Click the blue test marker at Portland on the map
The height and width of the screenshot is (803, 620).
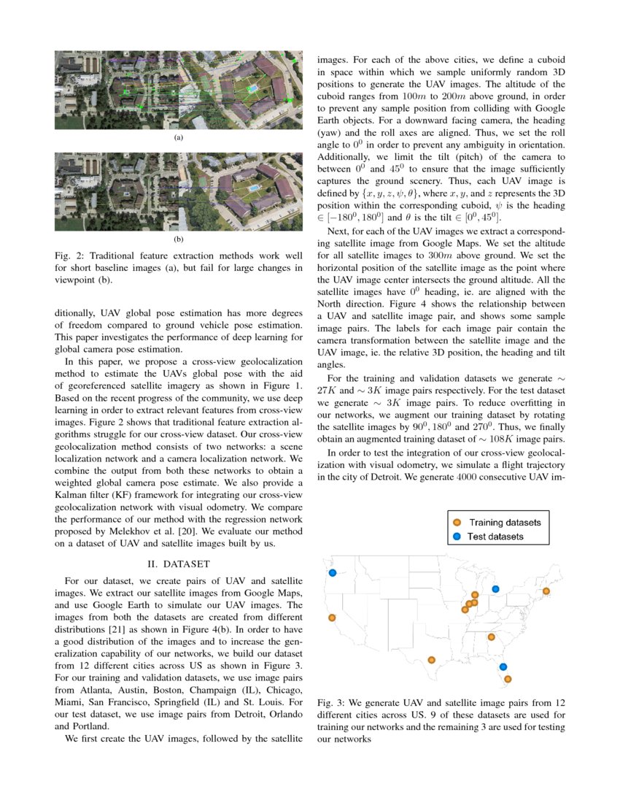pos(333,573)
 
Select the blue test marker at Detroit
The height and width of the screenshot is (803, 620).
pos(496,588)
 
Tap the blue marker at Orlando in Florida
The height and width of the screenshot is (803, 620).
pos(503,666)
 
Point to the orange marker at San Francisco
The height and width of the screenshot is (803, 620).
pos(332,618)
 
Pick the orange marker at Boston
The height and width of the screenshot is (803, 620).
pos(546,591)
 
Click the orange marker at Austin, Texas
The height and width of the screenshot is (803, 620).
pos(432,659)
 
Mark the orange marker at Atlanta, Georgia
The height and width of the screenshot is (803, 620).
pos(492,637)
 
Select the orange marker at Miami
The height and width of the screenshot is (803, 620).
pos(508,679)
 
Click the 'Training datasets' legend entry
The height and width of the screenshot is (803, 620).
pos(497,522)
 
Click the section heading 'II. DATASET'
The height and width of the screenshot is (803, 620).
pos(179,564)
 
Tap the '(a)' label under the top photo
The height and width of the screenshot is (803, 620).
pos(178,137)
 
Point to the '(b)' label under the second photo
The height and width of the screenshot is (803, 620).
pos(178,239)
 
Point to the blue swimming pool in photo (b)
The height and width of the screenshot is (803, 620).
pos(254,188)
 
